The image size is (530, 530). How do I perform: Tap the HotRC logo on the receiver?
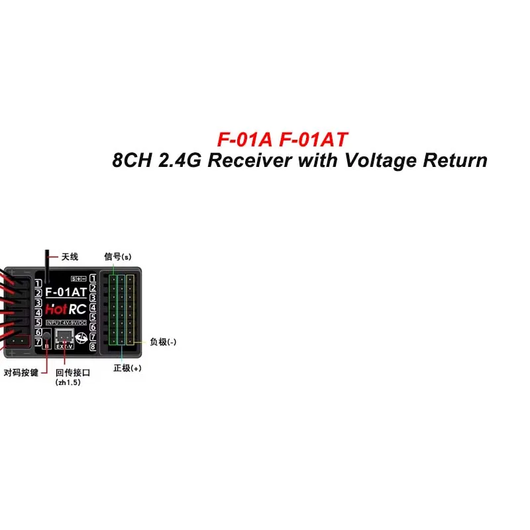65,308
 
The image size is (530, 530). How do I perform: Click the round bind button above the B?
46,334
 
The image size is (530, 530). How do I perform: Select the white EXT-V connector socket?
65,335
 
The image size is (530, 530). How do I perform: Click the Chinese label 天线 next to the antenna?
70,257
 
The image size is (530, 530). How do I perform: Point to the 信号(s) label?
117,256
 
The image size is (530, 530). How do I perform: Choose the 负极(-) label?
163,343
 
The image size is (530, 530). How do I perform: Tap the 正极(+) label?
127,368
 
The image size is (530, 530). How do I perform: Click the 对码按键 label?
21,373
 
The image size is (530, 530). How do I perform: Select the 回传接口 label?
73,373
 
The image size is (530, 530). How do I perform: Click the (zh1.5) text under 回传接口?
68,383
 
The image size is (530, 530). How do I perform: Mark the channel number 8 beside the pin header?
93,346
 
